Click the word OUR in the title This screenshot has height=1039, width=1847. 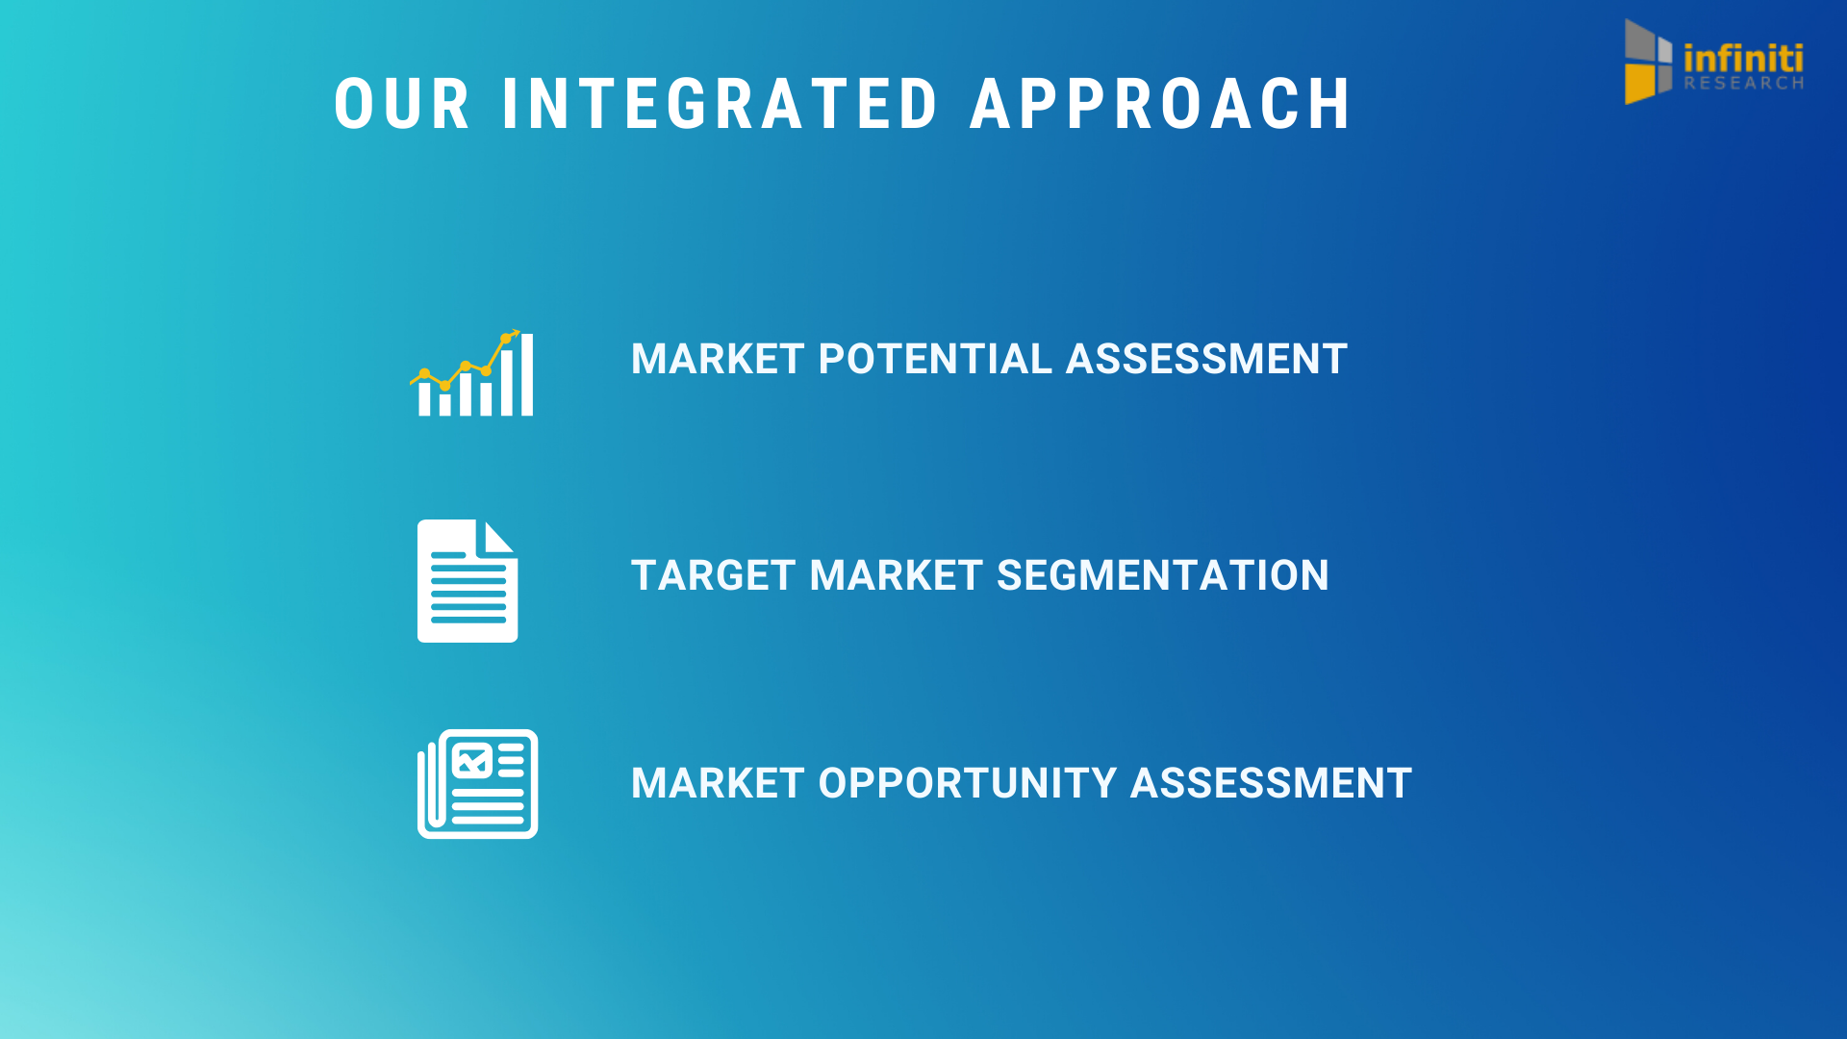point(402,104)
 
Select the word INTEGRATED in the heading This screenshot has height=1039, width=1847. point(720,104)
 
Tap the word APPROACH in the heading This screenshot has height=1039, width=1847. point(1161,104)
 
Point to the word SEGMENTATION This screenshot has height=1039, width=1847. point(1163,575)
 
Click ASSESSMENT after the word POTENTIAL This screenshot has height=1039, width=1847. point(1206,359)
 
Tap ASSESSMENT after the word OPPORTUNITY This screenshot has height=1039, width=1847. point(1272,783)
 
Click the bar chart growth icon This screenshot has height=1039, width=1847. point(471,373)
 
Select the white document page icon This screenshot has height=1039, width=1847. point(468,581)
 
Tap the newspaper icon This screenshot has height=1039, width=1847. point(477,784)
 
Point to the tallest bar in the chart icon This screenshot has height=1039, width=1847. point(527,374)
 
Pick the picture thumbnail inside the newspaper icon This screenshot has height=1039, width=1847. point(472,760)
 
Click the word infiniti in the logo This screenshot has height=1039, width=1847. point(1743,57)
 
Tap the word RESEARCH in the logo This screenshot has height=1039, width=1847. point(1743,84)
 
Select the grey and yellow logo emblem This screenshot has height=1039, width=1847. point(1649,62)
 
